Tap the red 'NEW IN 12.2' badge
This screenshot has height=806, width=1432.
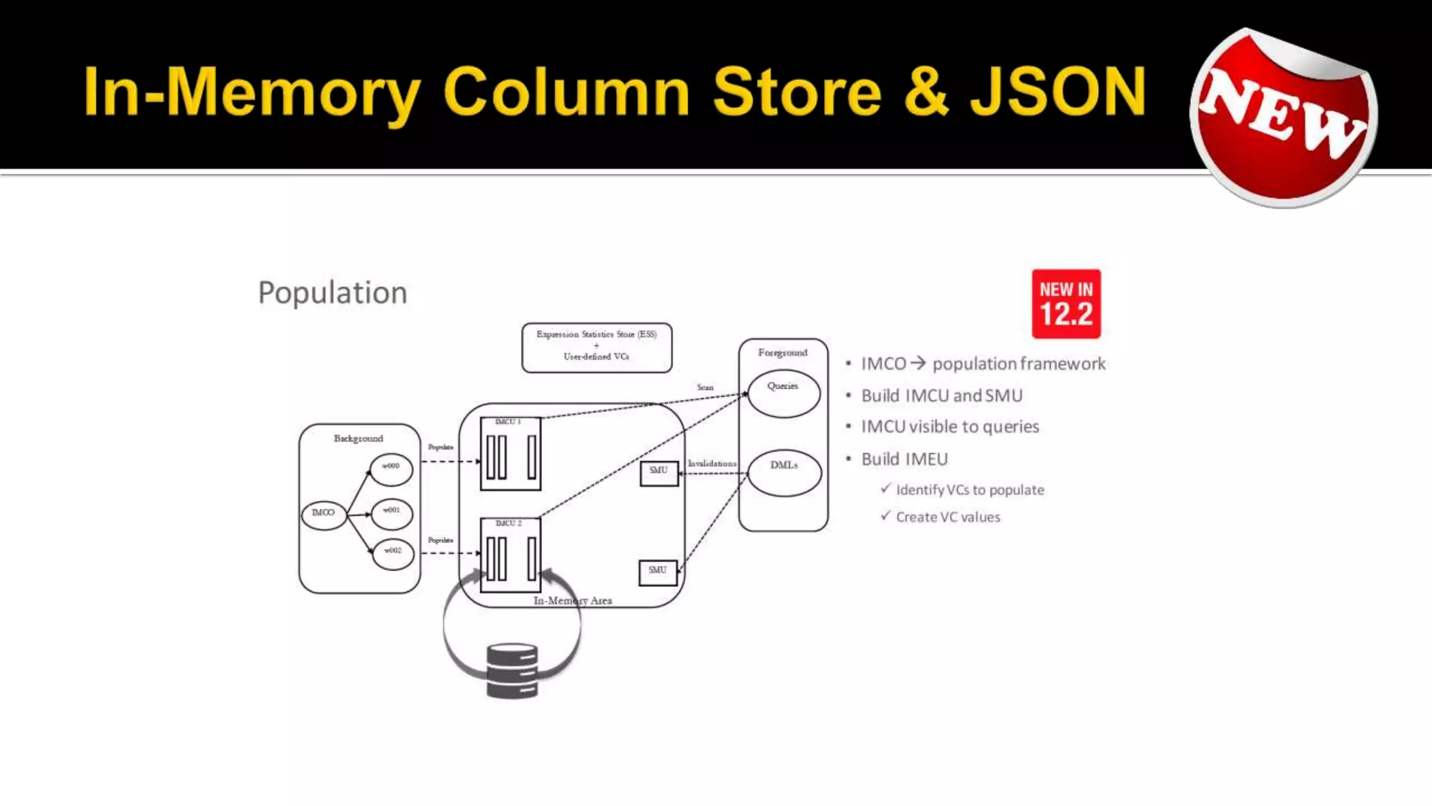point(1066,304)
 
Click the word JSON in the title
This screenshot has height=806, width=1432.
point(1058,92)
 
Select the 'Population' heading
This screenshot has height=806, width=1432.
point(332,292)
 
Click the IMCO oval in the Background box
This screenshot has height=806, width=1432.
point(323,514)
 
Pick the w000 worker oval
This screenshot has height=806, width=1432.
point(391,468)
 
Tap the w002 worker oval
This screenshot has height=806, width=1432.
point(392,553)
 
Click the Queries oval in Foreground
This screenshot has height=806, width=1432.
point(783,393)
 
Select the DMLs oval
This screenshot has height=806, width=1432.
point(784,472)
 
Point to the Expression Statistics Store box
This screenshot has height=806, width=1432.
point(596,347)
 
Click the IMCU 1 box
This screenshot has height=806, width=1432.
point(510,453)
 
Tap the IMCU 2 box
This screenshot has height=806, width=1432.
point(510,554)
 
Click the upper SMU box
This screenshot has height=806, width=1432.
point(659,473)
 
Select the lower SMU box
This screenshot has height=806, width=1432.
point(657,572)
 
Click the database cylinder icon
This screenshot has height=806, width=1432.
point(512,670)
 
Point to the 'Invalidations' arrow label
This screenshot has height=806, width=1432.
point(712,463)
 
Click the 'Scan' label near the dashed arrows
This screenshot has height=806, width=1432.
point(705,387)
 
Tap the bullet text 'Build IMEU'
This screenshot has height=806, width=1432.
point(904,459)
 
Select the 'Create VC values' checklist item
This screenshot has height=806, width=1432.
point(947,517)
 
